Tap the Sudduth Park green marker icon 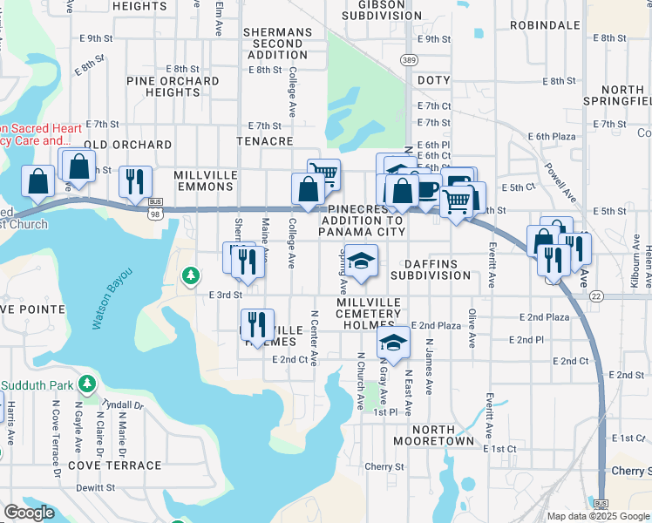86,384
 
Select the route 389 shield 409,59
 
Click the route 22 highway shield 595,296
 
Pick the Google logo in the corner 29,513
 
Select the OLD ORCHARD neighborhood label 127,145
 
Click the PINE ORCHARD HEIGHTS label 173,86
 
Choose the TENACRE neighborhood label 264,140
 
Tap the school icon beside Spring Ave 362,259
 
